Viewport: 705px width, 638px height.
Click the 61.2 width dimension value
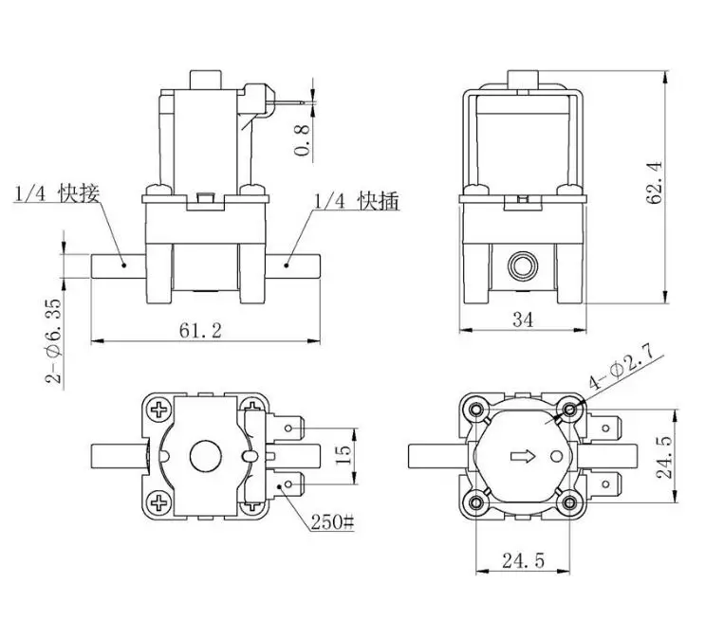tap(200, 331)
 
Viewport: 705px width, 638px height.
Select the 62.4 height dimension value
tap(654, 182)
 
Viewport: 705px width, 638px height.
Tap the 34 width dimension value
tap(523, 319)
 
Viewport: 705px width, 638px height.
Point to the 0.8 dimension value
tap(302, 140)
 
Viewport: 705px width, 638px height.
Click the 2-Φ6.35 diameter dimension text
tap(53, 341)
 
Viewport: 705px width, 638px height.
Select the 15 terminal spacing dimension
tap(343, 455)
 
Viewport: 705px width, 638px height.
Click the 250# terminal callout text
tap(333, 522)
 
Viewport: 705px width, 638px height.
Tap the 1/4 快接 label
tap(57, 193)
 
